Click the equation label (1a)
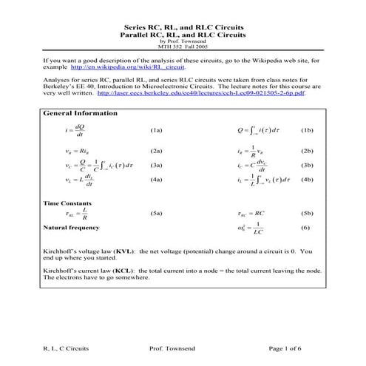[x=156, y=131]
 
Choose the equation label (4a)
[x=156, y=180]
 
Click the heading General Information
[x=81, y=114]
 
